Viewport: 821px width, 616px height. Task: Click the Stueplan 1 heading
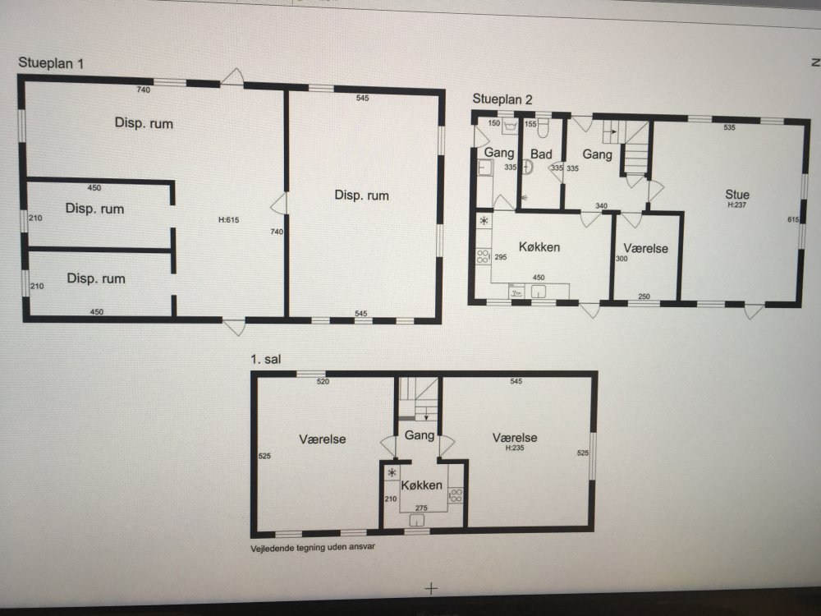coord(51,63)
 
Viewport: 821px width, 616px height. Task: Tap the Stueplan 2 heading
coord(502,99)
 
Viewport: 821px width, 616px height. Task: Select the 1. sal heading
coord(265,360)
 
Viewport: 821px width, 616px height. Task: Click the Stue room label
coord(736,195)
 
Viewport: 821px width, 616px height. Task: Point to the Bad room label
coord(541,154)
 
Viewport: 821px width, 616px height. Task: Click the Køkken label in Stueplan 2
coord(539,246)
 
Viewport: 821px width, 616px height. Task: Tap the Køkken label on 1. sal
coord(421,485)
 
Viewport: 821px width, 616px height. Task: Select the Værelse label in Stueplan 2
coord(645,248)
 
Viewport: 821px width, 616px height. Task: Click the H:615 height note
coord(229,220)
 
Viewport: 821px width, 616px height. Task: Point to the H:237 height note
coord(736,205)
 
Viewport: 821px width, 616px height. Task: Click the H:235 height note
coord(515,448)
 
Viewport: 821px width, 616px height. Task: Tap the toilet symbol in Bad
coord(544,127)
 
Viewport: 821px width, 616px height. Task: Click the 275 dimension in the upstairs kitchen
coord(421,508)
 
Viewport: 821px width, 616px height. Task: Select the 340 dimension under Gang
coord(601,206)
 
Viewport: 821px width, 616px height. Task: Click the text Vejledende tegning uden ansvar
coord(313,547)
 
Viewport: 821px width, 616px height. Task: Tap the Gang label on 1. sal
coord(420,434)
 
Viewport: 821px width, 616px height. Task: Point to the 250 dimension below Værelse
coord(644,297)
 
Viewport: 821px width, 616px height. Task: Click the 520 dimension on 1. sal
coord(323,381)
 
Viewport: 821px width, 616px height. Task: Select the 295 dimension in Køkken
coord(501,257)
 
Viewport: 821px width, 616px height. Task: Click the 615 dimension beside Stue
coord(793,219)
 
